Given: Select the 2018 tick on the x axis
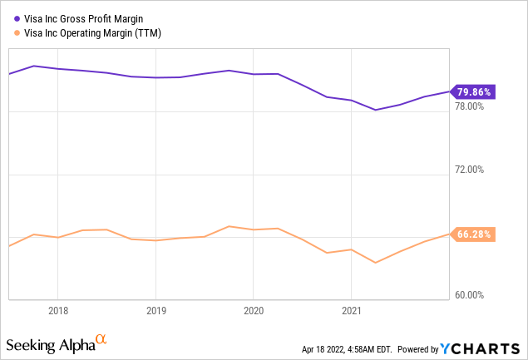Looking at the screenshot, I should (57, 310).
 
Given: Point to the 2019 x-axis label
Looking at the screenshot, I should (155, 310).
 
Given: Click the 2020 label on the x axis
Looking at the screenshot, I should (253, 310).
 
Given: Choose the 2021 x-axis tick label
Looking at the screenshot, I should (351, 310).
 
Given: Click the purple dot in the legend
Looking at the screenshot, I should (16, 18).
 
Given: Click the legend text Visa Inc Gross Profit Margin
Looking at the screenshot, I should (83, 18).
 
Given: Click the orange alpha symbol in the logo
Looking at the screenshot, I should (101, 338).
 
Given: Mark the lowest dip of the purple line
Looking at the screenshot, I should (376, 110).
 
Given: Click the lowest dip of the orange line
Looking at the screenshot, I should (376, 263).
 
